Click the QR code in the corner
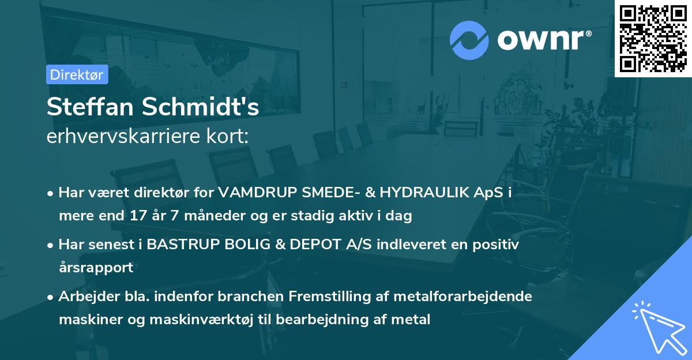pyautogui.click(x=653, y=39)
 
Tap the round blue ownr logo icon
pyautogui.click(x=469, y=40)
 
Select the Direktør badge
pyautogui.click(x=77, y=74)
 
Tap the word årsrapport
pyautogui.click(x=96, y=268)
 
